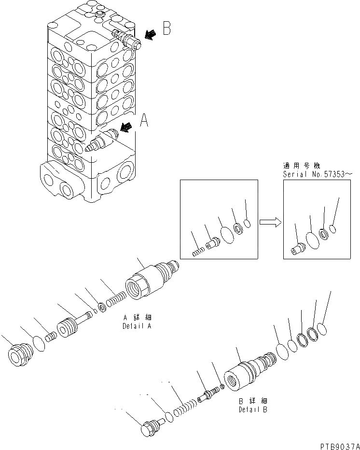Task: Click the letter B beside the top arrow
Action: [x=166, y=29]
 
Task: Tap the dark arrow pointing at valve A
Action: [x=126, y=127]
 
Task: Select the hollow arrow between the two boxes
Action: [x=269, y=222]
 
